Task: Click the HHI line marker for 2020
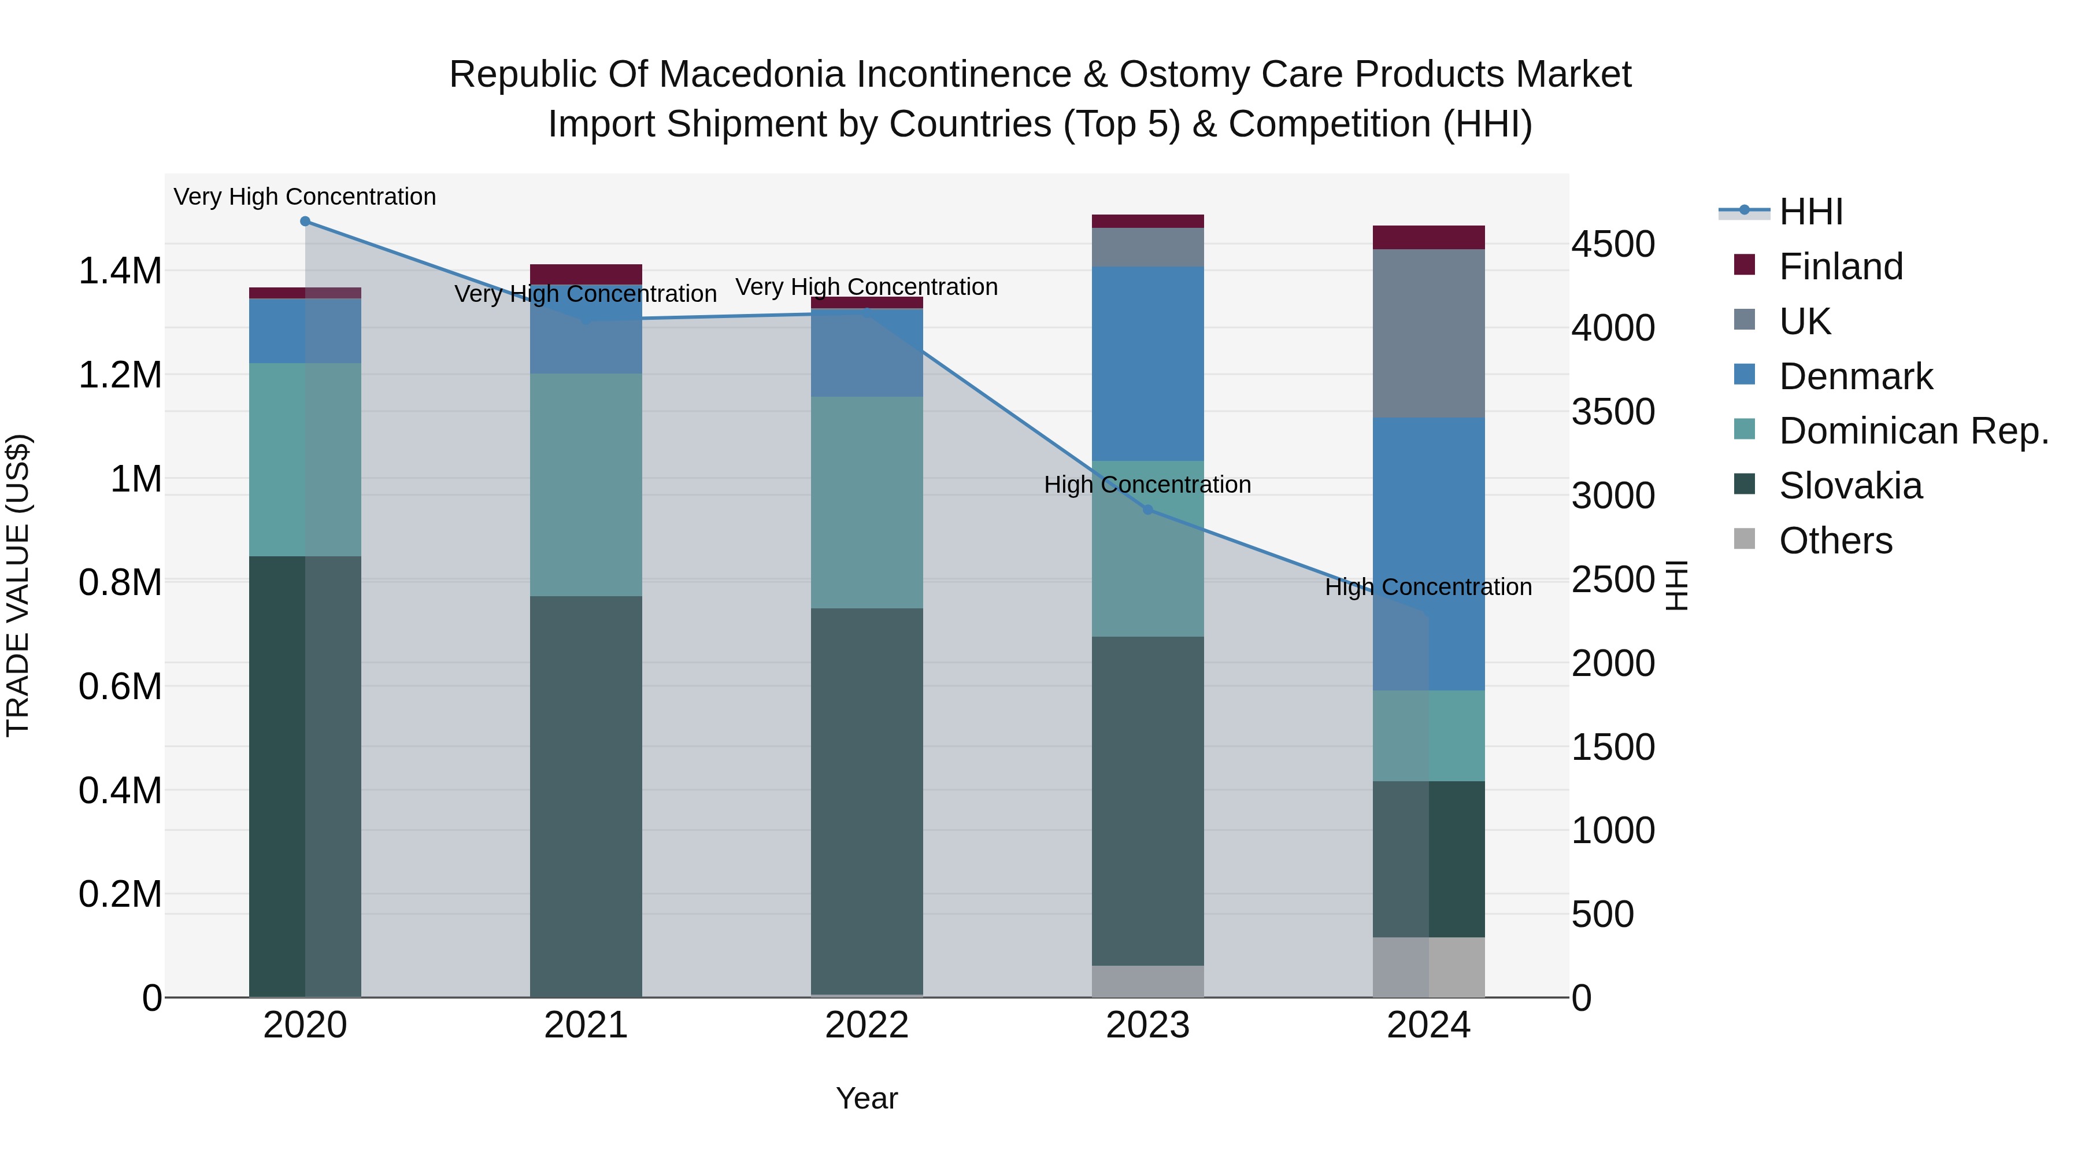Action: [305, 221]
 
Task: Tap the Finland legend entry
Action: [1841, 267]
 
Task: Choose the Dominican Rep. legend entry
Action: [1913, 431]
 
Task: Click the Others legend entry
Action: [1835, 541]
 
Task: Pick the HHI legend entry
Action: [1810, 212]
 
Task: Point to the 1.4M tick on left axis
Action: [120, 271]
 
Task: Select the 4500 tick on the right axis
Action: [1612, 244]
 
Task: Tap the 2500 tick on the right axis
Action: [1612, 579]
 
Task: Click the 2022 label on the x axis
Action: [867, 1025]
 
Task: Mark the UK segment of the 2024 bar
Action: [1428, 333]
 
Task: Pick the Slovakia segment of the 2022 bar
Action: [867, 800]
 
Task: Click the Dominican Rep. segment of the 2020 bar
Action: [305, 459]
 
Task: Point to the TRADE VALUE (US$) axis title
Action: [18, 585]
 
